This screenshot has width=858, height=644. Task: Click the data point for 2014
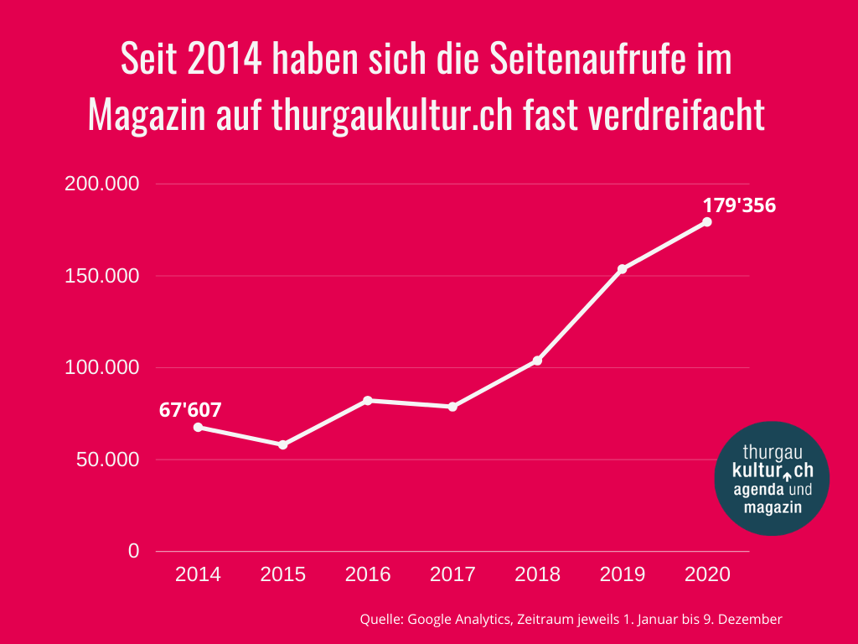pos(198,427)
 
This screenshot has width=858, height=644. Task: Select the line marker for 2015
pos(283,444)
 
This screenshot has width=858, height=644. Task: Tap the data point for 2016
pos(368,400)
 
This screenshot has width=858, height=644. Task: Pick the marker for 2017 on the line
pos(452,407)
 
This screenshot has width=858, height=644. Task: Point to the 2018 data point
pos(538,361)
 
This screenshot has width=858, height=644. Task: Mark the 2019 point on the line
pos(623,269)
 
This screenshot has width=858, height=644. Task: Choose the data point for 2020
pos(707,222)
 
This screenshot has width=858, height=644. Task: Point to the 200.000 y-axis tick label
pos(101,184)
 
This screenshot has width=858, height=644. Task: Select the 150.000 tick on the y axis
pos(101,276)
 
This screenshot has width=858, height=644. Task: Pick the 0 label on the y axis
pos(134,551)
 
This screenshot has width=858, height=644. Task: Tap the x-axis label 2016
pos(368,574)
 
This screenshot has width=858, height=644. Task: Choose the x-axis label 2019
pos(623,574)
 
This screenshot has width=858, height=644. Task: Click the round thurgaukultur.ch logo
pos(772,478)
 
